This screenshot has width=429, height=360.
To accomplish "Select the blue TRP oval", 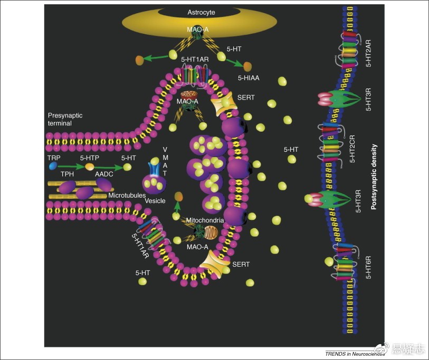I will pos(53,166).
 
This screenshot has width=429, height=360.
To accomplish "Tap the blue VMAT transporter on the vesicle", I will pos(154,169).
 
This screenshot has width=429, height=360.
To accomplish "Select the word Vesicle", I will pos(155,201).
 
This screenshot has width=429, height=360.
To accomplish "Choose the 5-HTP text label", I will pos(90,157).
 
